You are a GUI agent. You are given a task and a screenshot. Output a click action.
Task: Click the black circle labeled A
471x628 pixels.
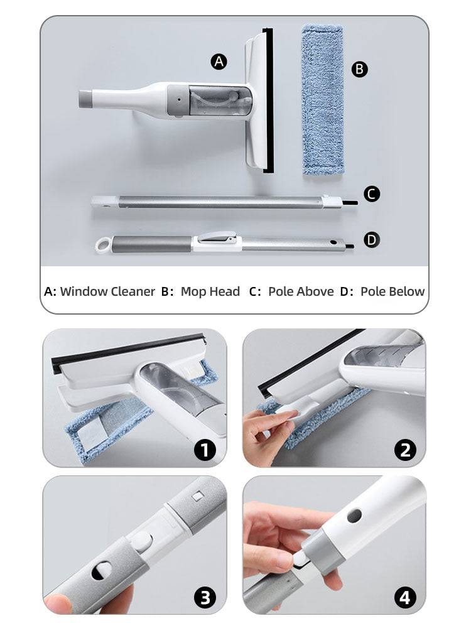pos(219,62)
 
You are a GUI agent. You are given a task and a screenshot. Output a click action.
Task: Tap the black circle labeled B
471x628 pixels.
pos(359,69)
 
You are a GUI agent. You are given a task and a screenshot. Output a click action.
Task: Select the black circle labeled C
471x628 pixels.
pos(372,194)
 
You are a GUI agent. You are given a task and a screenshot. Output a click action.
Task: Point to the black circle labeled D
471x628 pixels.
pos(372,239)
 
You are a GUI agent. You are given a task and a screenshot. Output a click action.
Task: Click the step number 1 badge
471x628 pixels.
pos(205,450)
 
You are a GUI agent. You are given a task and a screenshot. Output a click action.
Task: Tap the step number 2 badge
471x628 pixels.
pos(405,450)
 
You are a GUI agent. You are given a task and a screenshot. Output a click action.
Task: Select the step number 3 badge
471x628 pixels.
pos(205,597)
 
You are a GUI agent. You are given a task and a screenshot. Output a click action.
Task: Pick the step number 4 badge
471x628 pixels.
pos(405,597)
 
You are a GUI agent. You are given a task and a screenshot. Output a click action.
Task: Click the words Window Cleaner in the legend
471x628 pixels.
pos(107,291)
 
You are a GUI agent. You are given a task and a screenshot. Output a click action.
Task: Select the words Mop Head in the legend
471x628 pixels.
pos(210,291)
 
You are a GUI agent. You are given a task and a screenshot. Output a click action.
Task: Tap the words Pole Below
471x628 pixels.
pos(392,291)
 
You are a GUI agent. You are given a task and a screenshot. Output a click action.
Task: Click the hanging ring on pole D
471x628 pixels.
pos(103,244)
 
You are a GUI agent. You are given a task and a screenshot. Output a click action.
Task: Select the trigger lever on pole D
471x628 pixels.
pos(217,237)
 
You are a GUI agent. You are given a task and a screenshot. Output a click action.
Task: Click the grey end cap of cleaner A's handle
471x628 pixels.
pos(86,99)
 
